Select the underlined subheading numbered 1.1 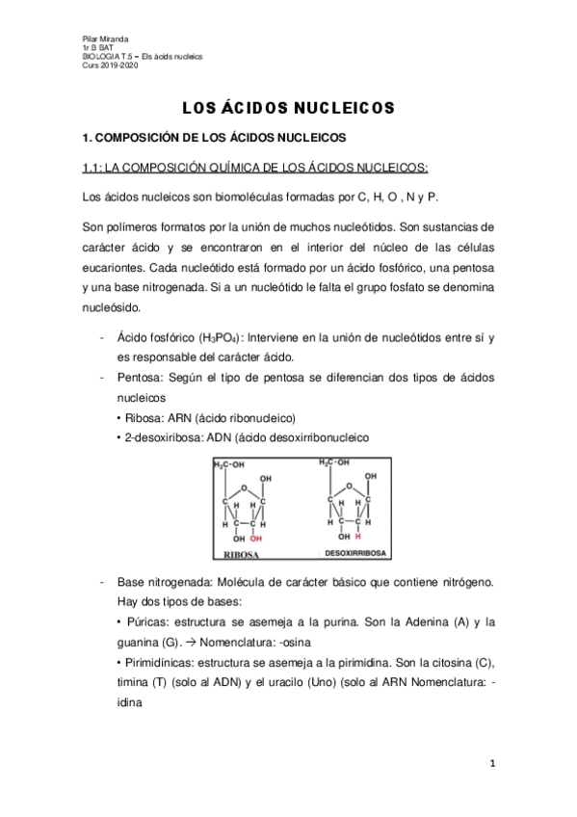255,168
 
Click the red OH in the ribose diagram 254,540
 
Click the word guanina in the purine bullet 138,641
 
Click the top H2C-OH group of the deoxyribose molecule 338,462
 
